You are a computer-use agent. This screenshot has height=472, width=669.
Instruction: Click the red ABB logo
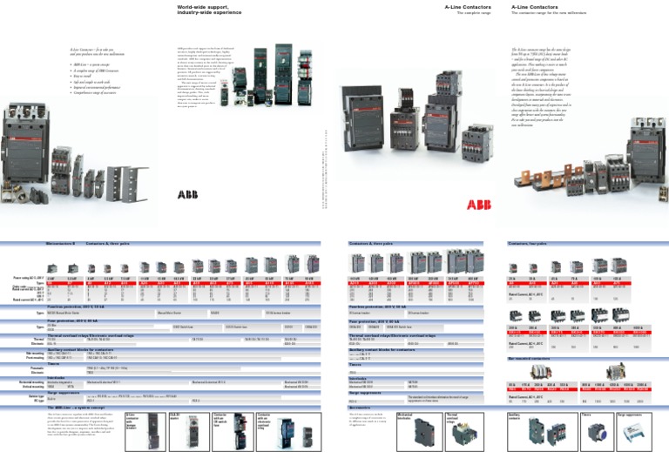477,205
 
